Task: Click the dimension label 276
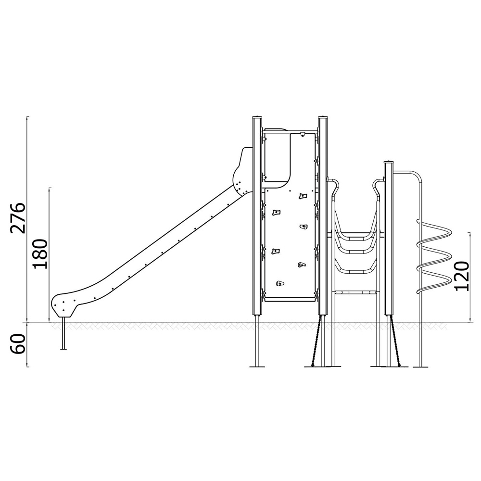tap(17, 218)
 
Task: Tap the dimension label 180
tap(40, 254)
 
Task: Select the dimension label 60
tap(17, 344)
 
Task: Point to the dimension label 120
tap(461, 276)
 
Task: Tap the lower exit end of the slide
tap(63, 305)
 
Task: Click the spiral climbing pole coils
tap(434, 256)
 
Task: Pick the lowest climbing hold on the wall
tap(280, 283)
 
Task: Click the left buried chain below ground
tap(316, 341)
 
